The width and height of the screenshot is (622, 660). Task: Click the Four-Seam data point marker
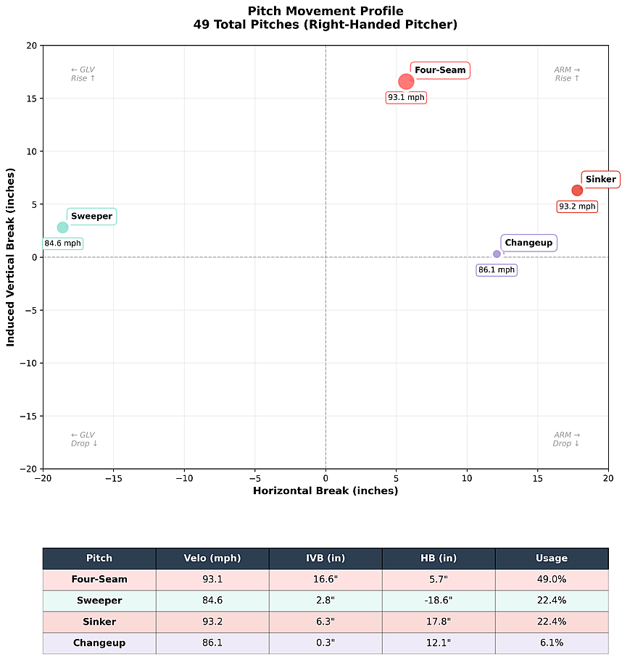click(406, 81)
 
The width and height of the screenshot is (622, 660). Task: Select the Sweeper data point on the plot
click(63, 227)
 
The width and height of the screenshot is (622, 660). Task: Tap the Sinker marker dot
click(577, 191)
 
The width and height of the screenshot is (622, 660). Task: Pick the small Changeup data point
click(497, 254)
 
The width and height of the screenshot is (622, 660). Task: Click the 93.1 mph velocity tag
click(406, 97)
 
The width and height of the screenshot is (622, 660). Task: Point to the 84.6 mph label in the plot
click(63, 243)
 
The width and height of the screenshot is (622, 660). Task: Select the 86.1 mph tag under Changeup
click(497, 270)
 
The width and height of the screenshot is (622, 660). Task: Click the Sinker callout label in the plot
click(600, 180)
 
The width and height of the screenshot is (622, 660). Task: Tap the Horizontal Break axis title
click(325, 490)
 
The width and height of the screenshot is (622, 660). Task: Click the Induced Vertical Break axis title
click(11, 257)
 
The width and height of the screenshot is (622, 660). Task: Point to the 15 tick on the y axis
click(32, 99)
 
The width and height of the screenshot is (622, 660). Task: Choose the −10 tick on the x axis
click(184, 478)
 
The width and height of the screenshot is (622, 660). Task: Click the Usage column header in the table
click(552, 559)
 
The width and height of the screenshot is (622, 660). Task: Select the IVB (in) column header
click(325, 559)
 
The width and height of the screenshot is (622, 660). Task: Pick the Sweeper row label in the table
click(99, 601)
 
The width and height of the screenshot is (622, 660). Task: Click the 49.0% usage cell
click(552, 580)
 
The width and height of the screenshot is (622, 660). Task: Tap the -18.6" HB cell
click(439, 601)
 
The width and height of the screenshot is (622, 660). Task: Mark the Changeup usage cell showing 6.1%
click(552, 643)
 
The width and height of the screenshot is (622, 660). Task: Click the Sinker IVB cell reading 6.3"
click(325, 622)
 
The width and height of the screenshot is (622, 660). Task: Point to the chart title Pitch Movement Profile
click(325, 11)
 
